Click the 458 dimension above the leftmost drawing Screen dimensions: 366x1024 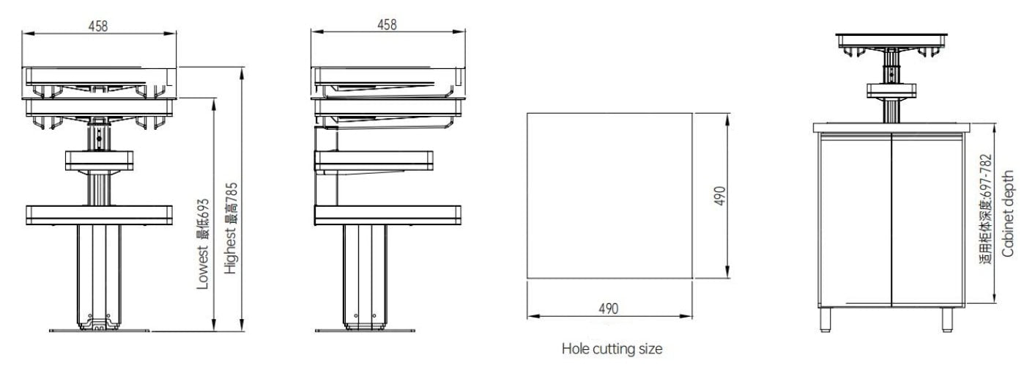[x=98, y=26]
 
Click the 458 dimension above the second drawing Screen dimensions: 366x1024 [x=387, y=24]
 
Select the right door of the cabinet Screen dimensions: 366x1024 [x=924, y=220]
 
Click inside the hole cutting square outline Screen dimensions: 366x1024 [x=609, y=195]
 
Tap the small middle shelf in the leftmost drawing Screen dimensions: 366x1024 [x=99, y=159]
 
